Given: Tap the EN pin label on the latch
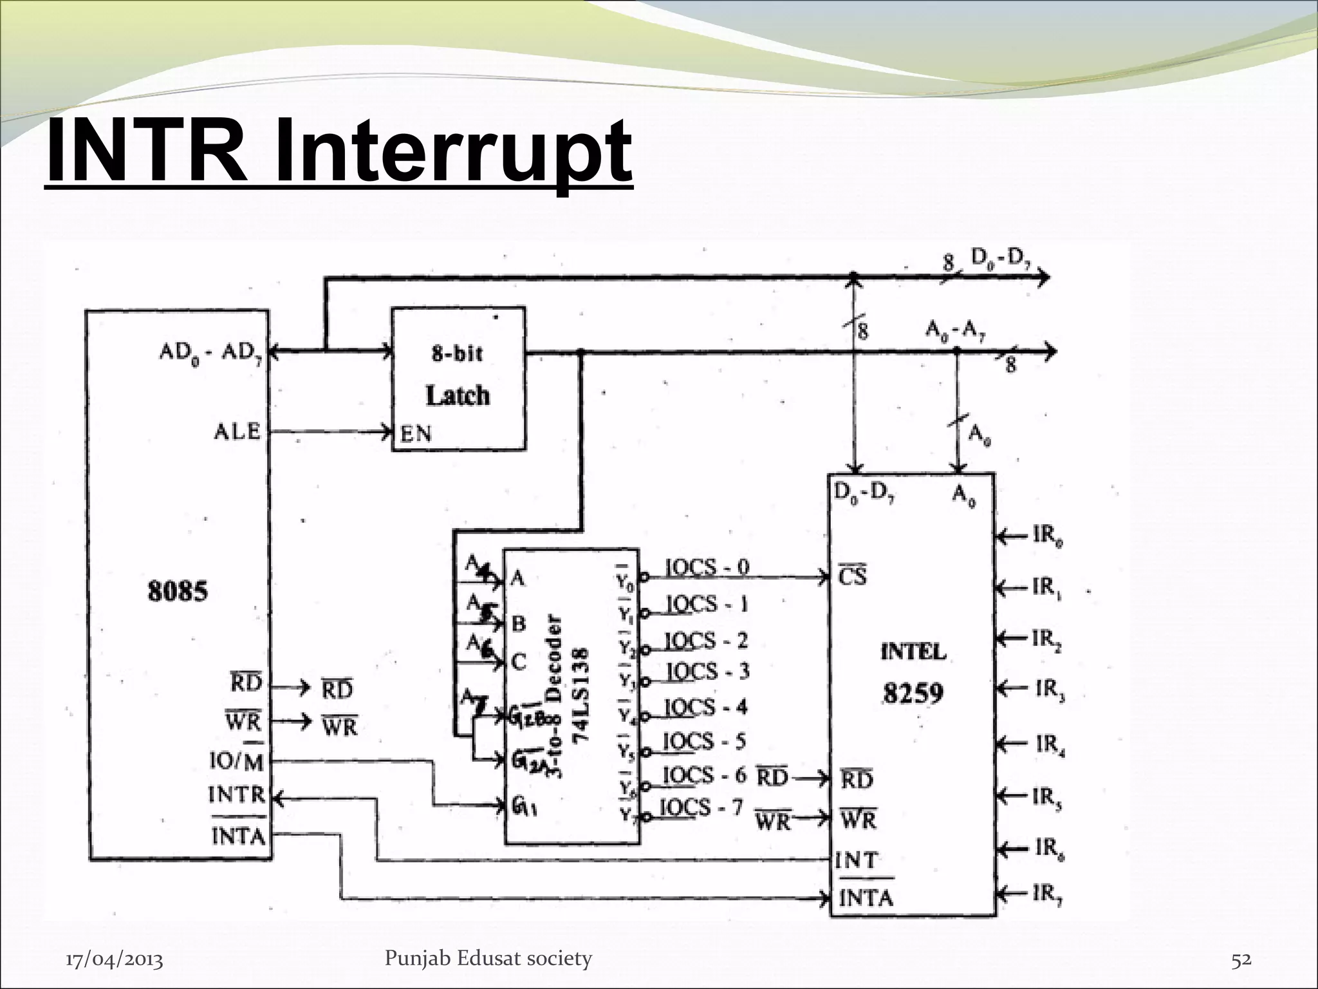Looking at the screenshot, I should (x=416, y=433).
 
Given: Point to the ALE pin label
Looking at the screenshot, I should (x=237, y=431).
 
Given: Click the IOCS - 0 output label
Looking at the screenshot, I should (x=707, y=567).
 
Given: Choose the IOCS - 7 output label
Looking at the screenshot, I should (x=703, y=807).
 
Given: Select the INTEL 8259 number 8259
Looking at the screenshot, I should (x=912, y=693).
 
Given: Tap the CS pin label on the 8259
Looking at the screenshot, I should (x=853, y=576).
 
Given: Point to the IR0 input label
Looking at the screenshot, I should (x=1047, y=536).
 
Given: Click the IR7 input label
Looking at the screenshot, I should (x=1047, y=894).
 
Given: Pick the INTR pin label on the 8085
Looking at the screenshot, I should (x=236, y=795).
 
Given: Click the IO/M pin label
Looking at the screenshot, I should (x=236, y=762).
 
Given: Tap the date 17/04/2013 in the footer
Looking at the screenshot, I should (x=115, y=960).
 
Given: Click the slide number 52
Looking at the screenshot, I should (x=1241, y=959).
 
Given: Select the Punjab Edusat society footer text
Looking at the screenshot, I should (x=488, y=958).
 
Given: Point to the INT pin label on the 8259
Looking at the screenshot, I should (x=855, y=860).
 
